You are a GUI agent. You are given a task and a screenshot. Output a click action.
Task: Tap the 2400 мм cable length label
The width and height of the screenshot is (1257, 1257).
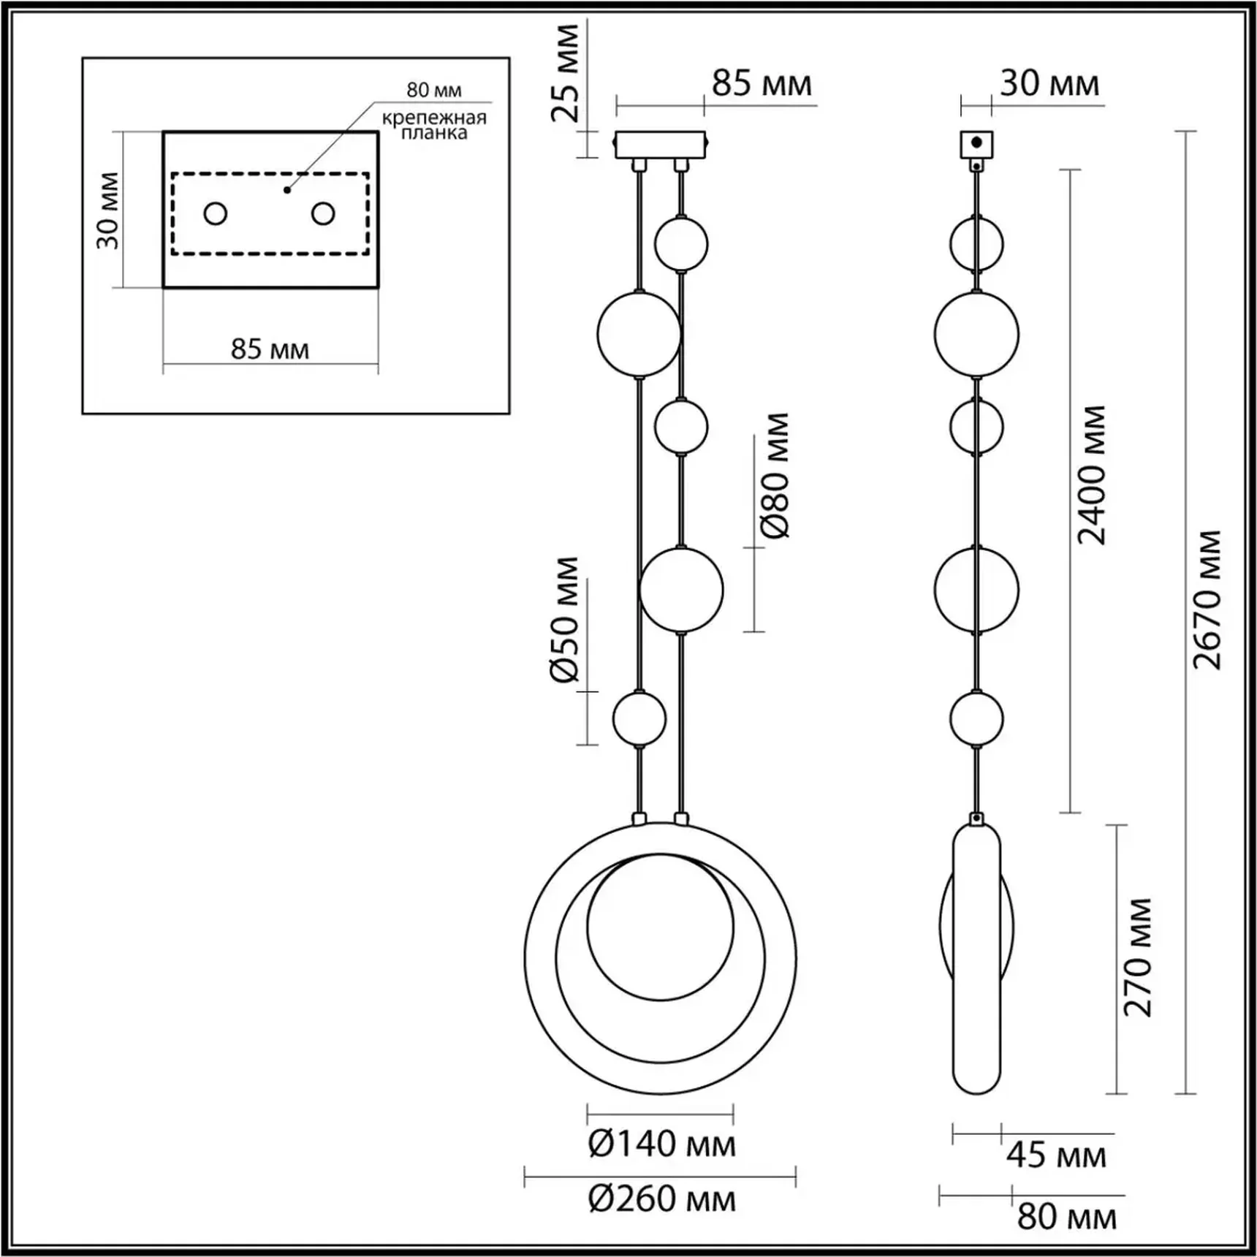1093,476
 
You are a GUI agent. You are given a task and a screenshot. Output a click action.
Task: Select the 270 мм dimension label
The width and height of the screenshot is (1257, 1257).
1138,957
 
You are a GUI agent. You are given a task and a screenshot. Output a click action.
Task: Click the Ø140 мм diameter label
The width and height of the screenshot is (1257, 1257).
661,1144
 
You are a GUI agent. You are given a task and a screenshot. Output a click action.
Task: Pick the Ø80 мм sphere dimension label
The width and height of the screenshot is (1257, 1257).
775,476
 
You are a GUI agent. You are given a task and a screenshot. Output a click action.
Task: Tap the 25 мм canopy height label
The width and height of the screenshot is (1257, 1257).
565,73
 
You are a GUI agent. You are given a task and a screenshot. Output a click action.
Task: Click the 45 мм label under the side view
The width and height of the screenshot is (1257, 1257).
1056,1155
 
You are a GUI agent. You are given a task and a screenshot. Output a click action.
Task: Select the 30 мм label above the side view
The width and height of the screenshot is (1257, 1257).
1049,84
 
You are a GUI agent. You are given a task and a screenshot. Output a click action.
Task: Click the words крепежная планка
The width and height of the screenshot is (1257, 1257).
434,125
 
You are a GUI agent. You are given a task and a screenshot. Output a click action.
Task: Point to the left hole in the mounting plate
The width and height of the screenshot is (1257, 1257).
216,214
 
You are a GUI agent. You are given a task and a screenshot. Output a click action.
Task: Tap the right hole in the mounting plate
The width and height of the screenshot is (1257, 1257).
323,214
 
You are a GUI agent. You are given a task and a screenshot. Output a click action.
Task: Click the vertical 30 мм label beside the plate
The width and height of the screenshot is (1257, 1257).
108,210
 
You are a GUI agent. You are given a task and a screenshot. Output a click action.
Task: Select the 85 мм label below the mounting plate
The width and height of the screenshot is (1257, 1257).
270,349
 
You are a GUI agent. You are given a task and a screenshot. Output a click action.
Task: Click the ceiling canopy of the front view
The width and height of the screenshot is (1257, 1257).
660,145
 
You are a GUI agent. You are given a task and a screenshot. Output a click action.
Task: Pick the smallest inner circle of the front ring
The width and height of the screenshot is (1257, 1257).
660,927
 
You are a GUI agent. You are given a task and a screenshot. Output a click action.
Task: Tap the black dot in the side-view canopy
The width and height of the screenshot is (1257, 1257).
976,143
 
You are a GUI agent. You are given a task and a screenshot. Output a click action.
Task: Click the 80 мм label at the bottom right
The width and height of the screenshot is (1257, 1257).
1066,1217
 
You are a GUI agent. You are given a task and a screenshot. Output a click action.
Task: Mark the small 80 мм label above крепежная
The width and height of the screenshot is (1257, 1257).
434,90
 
